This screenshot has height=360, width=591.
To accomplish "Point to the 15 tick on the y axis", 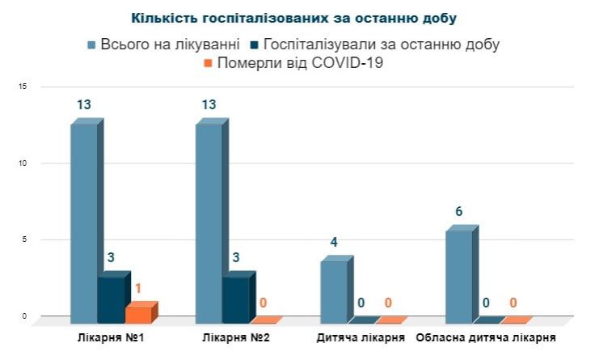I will pyautogui.click(x=23, y=87).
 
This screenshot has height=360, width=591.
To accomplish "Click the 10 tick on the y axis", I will pyautogui.click(x=23, y=163).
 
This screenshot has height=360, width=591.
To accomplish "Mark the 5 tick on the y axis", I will pyautogui.click(x=24, y=239).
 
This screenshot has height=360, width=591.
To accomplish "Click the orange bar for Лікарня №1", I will pyautogui.click(x=138, y=314).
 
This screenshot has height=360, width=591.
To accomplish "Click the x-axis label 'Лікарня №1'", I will pyautogui.click(x=110, y=337).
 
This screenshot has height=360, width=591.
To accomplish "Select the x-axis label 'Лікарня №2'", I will pyautogui.click(x=236, y=337).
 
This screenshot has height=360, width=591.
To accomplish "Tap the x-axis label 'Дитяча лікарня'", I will pyautogui.click(x=361, y=337).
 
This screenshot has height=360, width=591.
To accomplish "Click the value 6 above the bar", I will pyautogui.click(x=459, y=212).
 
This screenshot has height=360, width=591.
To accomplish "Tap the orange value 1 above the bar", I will pyautogui.click(x=138, y=288).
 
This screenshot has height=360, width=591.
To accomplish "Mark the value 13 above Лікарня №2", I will pyautogui.click(x=209, y=104).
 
